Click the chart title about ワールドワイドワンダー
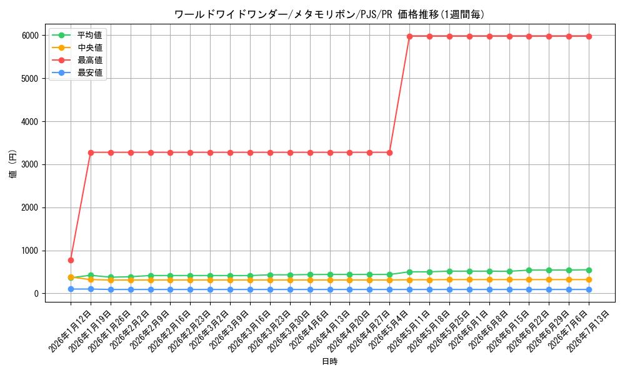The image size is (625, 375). click(x=329, y=14)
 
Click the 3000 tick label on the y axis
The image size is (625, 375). click(x=30, y=164)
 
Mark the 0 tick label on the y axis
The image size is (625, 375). click(x=37, y=294)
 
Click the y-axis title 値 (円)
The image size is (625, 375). click(x=13, y=164)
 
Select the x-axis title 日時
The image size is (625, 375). click(x=329, y=361)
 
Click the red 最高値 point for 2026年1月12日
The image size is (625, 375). click(x=71, y=260)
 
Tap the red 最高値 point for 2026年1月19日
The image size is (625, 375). click(x=91, y=152)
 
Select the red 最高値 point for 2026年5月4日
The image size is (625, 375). click(x=389, y=152)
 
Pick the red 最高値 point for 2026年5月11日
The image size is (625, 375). click(x=409, y=36)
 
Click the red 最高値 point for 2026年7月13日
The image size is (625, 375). click(x=589, y=36)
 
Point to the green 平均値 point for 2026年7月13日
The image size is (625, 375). click(x=589, y=270)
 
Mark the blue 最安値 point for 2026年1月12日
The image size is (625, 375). click(x=71, y=289)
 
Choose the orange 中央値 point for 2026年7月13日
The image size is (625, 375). click(x=589, y=280)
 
